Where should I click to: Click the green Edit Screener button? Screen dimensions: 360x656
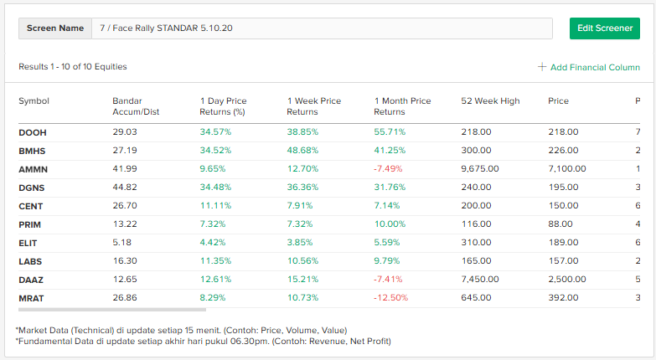coord(603,28)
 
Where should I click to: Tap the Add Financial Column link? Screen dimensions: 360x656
coord(589,67)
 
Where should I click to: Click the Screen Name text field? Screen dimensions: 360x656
coord(323,28)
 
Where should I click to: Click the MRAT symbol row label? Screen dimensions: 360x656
coord(31,297)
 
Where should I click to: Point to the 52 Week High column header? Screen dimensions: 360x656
coord(490,101)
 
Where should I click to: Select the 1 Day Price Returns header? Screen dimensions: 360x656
coord(223,106)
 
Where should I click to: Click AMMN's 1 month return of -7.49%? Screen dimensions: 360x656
coord(390,168)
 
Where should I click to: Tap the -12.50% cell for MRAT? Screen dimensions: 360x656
coord(392,297)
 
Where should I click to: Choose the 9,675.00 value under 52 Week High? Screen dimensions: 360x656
coord(480,168)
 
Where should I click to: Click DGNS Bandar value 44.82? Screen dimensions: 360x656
coord(124,187)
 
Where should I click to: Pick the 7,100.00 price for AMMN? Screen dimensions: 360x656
coord(567,168)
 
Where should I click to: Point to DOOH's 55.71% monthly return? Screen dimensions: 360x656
coord(390,132)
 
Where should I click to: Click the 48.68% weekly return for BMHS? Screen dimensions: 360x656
coord(302,151)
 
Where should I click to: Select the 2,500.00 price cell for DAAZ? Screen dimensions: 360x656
coord(567,279)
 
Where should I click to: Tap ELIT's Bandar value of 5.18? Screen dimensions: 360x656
coord(121,242)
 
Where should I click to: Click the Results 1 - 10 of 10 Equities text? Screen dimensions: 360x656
coord(73,67)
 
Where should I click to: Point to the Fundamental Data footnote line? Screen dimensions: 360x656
coord(203,341)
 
